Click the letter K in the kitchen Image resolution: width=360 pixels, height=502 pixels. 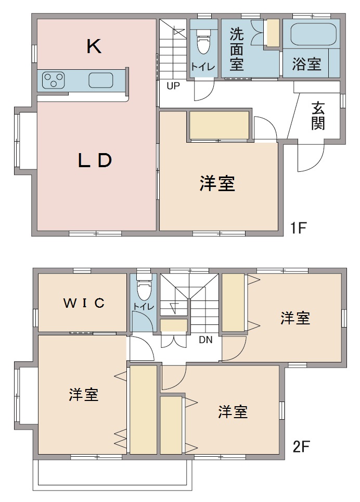coord(94,47)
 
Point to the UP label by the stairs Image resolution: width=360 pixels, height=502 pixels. coord(173,86)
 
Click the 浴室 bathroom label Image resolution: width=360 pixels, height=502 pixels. coord(306,65)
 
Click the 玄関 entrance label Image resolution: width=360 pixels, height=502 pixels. coord(318,116)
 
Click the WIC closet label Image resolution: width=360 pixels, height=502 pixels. coord(83,303)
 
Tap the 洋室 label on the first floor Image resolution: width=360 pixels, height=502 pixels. coord(217,184)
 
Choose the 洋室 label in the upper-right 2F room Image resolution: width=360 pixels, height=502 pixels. coord(295,318)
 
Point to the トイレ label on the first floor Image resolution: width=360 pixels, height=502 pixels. coord(201,66)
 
